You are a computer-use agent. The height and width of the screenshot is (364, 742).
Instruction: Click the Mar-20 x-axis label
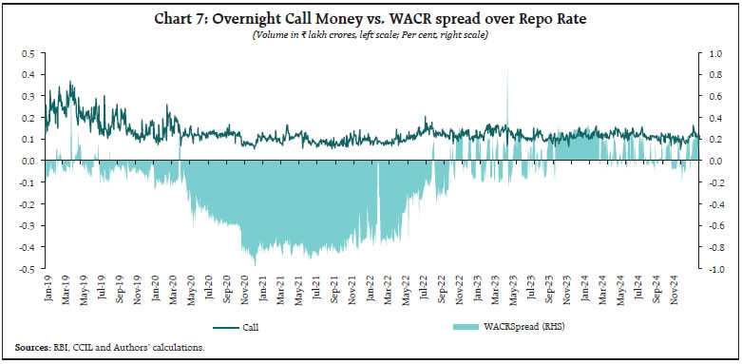coord(174,289)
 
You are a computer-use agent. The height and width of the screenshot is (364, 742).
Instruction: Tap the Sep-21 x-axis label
coord(335,289)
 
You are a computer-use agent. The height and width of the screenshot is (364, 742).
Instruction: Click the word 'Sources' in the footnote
coord(32,348)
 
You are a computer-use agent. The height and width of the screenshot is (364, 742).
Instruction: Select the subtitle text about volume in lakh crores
coord(371,35)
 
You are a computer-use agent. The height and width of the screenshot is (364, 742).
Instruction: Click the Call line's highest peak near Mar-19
coord(70,83)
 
